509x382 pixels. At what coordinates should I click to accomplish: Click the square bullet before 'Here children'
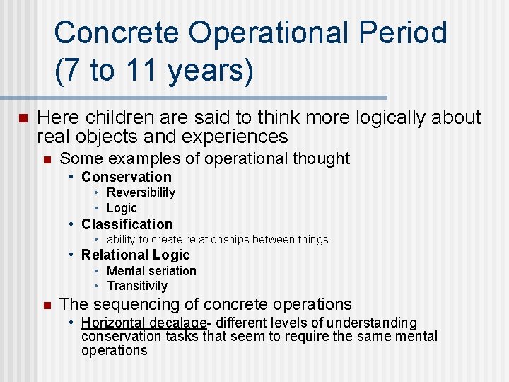pos(23,118)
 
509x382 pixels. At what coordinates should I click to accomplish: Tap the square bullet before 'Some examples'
pos(47,159)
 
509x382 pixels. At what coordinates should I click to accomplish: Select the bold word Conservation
pos(126,177)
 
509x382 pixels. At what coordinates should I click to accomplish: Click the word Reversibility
pos(141,192)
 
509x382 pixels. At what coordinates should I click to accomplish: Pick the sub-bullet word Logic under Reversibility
pos(122,208)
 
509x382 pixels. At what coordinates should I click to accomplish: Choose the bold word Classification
pos(127,224)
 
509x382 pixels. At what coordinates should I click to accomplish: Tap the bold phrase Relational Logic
pos(135,255)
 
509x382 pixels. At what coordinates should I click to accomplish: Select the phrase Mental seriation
pos(151,271)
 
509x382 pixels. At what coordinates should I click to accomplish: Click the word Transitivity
pos(137,286)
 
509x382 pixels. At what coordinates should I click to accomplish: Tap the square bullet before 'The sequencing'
pos(47,306)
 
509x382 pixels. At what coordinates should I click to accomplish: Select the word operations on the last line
pos(114,351)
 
